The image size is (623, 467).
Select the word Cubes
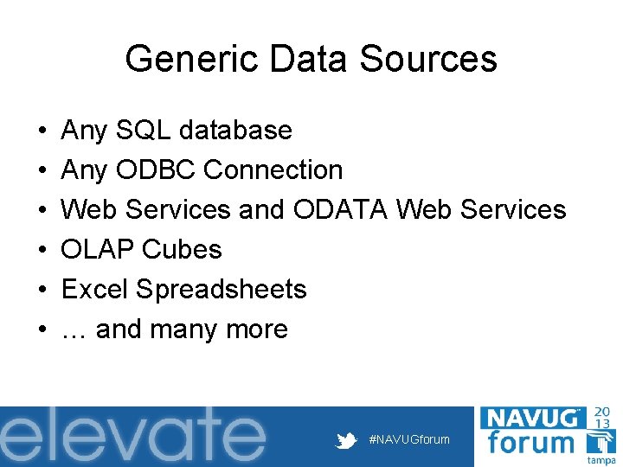coord(182,250)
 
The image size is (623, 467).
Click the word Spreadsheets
coord(222,290)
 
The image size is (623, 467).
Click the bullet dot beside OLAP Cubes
coord(42,250)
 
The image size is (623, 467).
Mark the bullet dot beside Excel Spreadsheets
coord(42,290)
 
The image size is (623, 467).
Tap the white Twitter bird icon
coord(347,440)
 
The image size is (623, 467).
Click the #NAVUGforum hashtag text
coord(409,439)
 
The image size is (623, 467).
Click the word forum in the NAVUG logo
coord(530,443)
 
